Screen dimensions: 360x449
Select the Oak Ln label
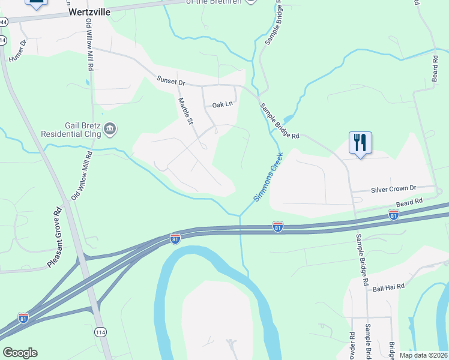(x=221, y=104)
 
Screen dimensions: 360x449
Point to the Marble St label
(x=186, y=112)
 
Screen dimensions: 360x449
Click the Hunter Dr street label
(x=19, y=52)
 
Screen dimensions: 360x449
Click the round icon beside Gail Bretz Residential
(x=110, y=128)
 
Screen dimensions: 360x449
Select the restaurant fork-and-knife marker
(x=360, y=143)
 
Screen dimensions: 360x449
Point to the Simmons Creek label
(x=268, y=177)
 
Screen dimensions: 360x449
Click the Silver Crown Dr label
(x=393, y=188)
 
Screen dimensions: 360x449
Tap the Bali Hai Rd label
(x=388, y=287)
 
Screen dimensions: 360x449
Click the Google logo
(x=20, y=353)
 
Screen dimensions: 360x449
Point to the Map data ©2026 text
(x=423, y=355)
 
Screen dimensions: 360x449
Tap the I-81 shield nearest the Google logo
(x=23, y=317)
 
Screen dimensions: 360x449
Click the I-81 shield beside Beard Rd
(x=394, y=214)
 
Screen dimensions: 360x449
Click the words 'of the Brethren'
(x=214, y=2)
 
